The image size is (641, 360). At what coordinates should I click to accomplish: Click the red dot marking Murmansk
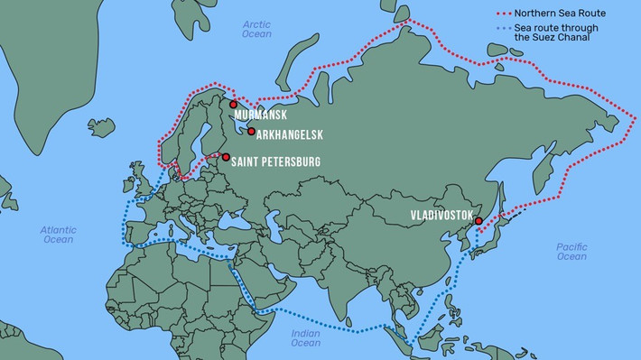coord(234,105)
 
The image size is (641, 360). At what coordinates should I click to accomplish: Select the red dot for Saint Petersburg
coord(225,156)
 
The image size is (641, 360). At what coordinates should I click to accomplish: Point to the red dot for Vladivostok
coord(478,220)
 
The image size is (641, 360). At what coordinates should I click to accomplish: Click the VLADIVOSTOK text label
coord(441,217)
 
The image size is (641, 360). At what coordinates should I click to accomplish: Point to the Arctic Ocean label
coord(256,28)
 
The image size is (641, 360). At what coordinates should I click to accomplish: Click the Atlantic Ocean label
coord(58,235)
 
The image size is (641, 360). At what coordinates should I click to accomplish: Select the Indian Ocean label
coord(305,337)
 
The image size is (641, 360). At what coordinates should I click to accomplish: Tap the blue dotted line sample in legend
coord(512,29)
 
